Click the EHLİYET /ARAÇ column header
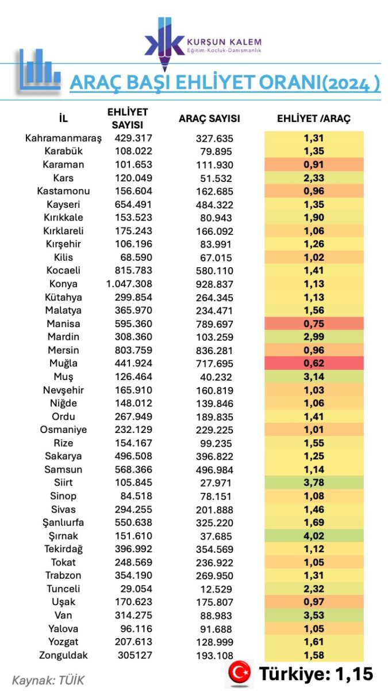pos(314,119)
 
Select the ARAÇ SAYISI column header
pos(209,119)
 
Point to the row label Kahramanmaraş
pos(63,138)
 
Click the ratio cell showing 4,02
pos(314,536)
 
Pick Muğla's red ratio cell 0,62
pos(314,363)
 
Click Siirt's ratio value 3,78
pos(314,483)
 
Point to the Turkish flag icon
pos(241,672)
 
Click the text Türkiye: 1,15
pos(316,673)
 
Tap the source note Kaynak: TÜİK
pos(48,680)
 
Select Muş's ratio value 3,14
pos(314,377)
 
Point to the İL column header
pos(63,119)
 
